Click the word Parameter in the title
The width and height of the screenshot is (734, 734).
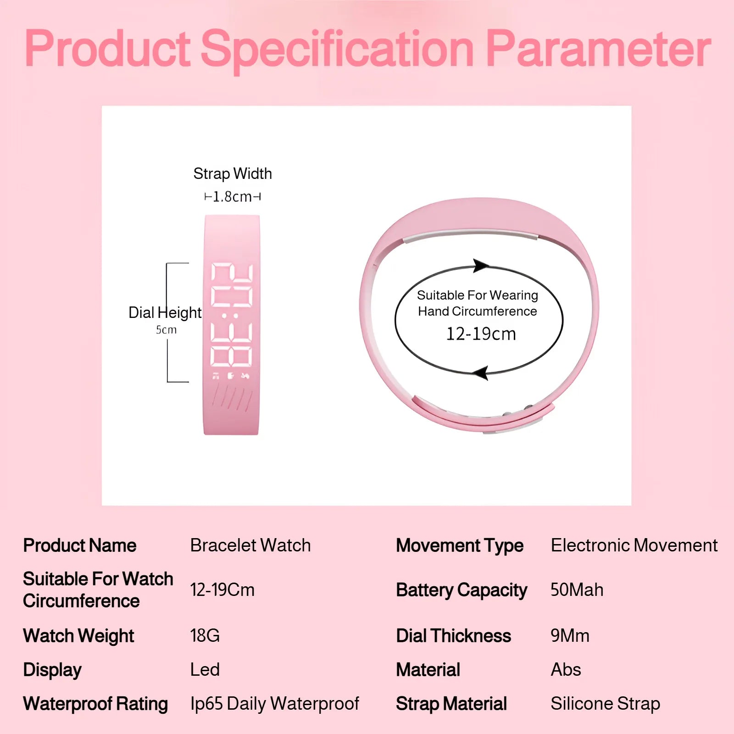598,49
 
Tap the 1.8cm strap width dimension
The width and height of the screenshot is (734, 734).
232,197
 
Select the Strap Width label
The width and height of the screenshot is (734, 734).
233,173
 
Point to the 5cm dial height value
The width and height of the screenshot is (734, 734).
166,329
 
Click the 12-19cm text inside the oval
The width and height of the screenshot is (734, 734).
481,334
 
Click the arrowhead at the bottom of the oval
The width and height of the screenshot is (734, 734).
480,373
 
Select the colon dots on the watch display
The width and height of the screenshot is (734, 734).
230,316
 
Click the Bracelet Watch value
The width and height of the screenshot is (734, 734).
250,545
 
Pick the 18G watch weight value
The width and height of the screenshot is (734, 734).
205,635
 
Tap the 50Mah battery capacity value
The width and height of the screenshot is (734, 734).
577,590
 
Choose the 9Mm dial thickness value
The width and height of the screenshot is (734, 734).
570,635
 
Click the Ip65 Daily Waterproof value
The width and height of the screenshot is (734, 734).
275,703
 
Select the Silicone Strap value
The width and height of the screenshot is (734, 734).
606,703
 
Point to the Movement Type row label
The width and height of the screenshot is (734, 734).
460,546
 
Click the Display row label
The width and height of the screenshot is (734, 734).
52,670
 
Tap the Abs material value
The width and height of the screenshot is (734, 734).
566,670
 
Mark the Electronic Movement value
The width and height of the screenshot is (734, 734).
634,545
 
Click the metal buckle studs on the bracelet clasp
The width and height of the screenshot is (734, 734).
517,411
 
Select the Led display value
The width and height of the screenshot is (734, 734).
205,670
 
